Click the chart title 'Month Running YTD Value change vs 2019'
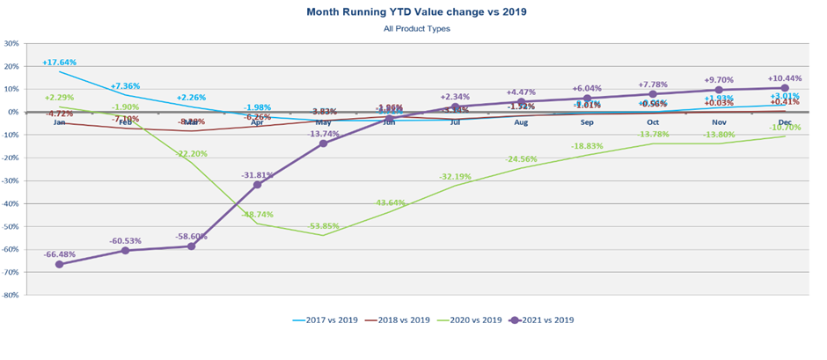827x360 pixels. (416, 12)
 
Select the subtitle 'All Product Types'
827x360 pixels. (416, 29)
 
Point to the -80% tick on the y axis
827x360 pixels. (11, 296)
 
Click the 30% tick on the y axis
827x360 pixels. (11, 43)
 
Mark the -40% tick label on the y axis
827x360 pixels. (11, 204)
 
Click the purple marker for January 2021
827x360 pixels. (59, 264)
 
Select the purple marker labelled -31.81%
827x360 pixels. (257, 185)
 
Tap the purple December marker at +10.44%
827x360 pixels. (785, 88)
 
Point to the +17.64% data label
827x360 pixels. (59, 62)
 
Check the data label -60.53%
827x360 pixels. (125, 240)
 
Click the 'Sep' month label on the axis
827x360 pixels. (587, 122)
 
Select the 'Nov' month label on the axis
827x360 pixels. (719, 122)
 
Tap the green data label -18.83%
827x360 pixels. (587, 146)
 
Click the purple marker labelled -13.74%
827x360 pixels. (323, 143)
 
